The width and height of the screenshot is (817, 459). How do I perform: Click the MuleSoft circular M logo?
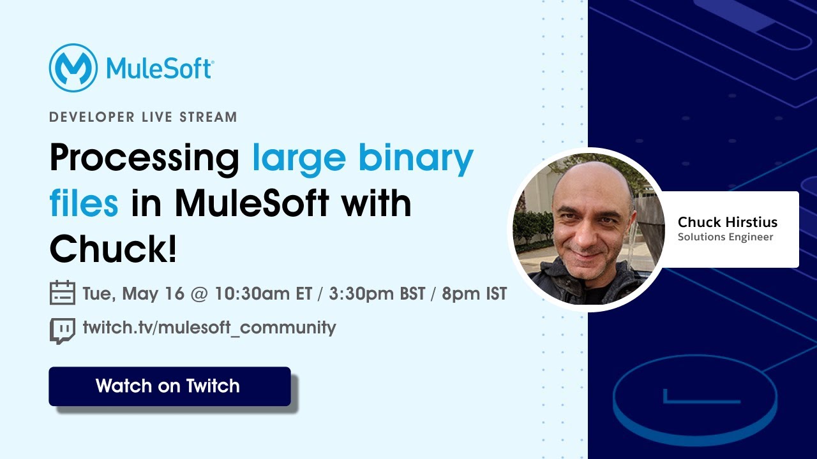point(73,68)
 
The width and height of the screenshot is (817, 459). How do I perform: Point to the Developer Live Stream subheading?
point(143,117)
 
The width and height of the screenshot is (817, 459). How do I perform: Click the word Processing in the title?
point(144,159)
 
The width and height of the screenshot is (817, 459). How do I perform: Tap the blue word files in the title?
point(84,203)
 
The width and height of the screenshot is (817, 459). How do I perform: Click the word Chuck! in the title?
point(113,248)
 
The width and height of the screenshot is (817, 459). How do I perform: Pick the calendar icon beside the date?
point(63,293)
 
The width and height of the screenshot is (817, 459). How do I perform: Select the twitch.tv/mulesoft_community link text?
point(209,328)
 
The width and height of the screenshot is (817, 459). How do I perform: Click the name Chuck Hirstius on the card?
point(728,222)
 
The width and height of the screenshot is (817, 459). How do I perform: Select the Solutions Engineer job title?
point(725,237)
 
